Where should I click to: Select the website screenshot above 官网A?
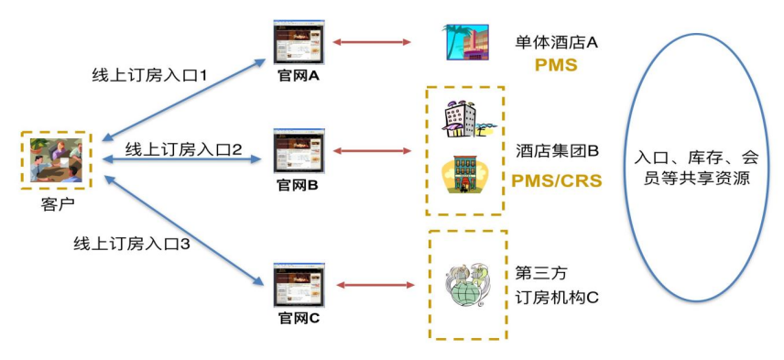[x=299, y=42]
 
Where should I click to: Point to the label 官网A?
[x=299, y=76]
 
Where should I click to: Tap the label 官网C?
[x=299, y=319]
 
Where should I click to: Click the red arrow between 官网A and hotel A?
[x=372, y=41]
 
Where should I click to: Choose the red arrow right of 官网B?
[x=372, y=149]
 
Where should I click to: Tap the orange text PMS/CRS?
[x=556, y=180]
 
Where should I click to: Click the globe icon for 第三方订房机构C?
[x=468, y=285]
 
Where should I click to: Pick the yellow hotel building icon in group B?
[x=463, y=175]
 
